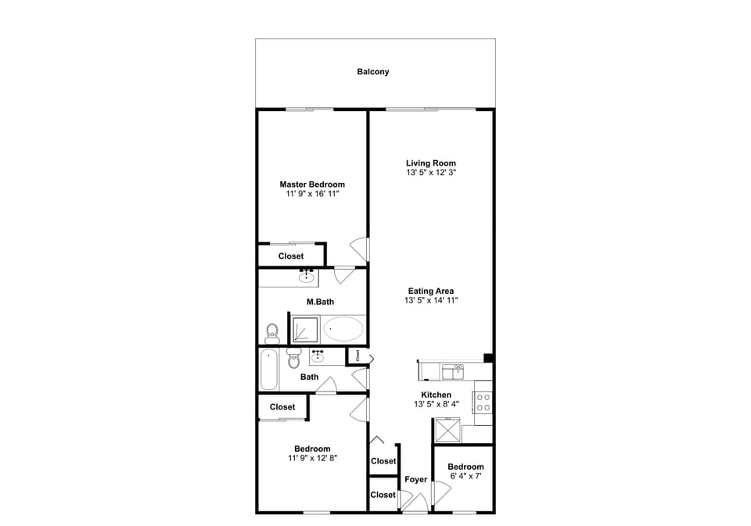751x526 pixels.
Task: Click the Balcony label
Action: click(x=373, y=72)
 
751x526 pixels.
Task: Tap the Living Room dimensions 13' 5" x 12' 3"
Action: click(x=430, y=172)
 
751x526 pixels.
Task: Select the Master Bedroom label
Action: click(x=312, y=184)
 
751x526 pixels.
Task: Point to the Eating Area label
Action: click(x=430, y=291)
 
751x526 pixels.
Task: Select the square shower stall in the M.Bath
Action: click(x=304, y=329)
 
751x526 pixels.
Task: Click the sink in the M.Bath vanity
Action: click(x=306, y=276)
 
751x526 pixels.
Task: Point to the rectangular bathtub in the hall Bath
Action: click(x=268, y=370)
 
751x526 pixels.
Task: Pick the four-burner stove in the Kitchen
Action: click(x=483, y=402)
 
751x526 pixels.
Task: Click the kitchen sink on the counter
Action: click(x=453, y=370)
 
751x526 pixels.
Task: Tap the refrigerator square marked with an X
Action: click(x=447, y=431)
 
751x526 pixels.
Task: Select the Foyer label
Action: click(x=415, y=479)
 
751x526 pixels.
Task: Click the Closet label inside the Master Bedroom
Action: click(x=291, y=256)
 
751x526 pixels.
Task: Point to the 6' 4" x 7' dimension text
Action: click(x=465, y=475)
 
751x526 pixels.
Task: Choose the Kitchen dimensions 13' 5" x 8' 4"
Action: click(x=436, y=404)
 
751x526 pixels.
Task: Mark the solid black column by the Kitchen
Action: click(x=488, y=359)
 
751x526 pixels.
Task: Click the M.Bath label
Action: click(x=320, y=302)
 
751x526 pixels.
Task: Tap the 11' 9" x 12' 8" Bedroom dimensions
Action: click(x=312, y=459)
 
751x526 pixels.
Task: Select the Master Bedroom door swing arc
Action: click(x=359, y=249)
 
